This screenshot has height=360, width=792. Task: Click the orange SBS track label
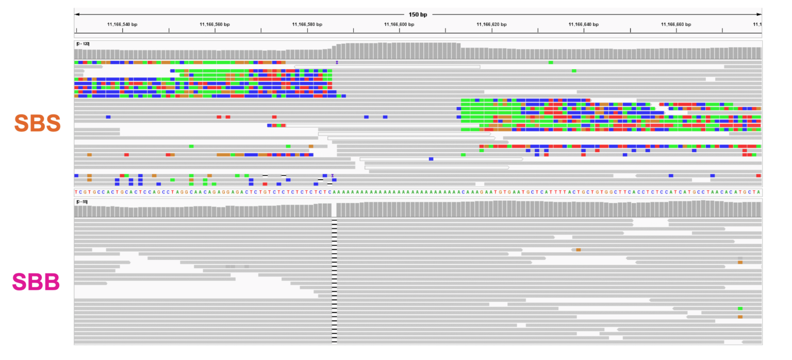tap(37, 123)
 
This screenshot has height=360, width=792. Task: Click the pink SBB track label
tap(36, 282)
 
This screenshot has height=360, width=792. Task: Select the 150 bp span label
tap(418, 14)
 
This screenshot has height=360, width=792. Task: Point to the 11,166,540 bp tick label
tap(122, 24)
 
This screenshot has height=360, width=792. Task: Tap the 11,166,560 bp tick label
tap(214, 24)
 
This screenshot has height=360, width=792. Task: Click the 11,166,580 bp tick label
tap(307, 24)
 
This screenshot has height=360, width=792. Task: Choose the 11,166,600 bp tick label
tap(400, 24)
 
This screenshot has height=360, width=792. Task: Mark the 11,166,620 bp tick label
tap(492, 24)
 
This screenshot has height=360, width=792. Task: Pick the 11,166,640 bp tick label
tap(584, 24)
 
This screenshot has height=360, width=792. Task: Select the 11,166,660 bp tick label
tap(676, 24)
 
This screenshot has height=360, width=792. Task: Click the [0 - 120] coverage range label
tap(82, 44)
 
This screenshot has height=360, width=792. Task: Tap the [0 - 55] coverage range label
tap(81, 202)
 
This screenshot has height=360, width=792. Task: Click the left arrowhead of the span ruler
tap(76, 14)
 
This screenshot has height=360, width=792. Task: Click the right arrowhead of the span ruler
tap(760, 14)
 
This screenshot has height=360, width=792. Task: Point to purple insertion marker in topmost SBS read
tap(337, 62)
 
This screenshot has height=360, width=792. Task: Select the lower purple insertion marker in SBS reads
tap(333, 176)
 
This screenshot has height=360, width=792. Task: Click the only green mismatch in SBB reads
tap(740, 308)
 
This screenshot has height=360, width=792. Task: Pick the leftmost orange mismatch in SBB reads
tap(578, 250)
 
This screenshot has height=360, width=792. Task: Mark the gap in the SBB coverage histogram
tap(334, 210)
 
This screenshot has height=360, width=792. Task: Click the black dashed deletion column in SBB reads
tap(334, 281)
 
